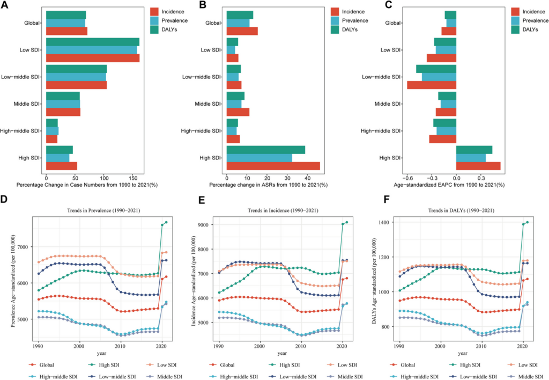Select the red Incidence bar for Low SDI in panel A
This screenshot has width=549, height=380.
(92, 58)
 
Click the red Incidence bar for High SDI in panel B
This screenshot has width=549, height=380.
(273, 166)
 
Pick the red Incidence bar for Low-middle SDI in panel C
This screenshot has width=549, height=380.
(431, 85)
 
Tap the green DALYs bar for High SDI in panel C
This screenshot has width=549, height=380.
(474, 150)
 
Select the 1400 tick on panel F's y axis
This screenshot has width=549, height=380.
(384, 222)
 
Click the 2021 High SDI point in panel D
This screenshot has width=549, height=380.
(167, 222)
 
